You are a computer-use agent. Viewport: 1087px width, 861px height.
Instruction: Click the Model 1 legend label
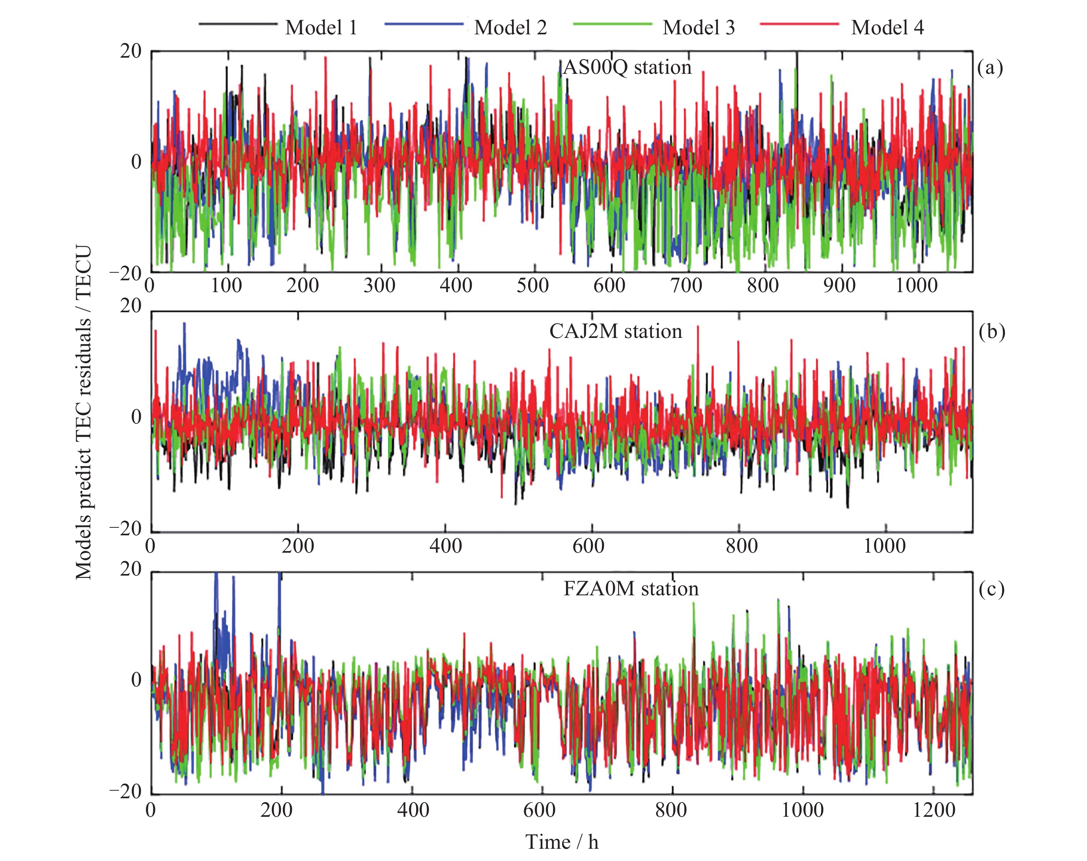pos(321,27)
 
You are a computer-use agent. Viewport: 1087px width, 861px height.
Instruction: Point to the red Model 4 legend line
pos(799,24)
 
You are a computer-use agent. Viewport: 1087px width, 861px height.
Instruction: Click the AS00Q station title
pos(627,67)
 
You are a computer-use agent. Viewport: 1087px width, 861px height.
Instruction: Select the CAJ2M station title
pos(616,331)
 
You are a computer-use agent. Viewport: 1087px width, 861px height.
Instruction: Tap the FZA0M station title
pos(631,588)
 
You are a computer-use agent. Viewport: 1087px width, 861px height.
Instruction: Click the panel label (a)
pos(990,67)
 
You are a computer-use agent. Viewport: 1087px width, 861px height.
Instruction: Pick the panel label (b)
pos(991,331)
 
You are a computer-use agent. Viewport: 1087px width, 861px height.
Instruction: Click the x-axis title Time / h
pos(562,842)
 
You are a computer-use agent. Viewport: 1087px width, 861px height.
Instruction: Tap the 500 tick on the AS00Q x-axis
pos(532,286)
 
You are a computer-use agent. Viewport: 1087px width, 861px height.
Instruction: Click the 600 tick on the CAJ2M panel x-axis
pos(588,546)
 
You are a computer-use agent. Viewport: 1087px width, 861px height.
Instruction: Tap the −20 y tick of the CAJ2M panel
pos(125,529)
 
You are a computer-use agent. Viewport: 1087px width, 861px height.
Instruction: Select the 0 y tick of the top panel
pos(136,162)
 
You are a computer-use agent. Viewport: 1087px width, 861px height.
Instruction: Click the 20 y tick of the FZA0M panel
pos(131,569)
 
